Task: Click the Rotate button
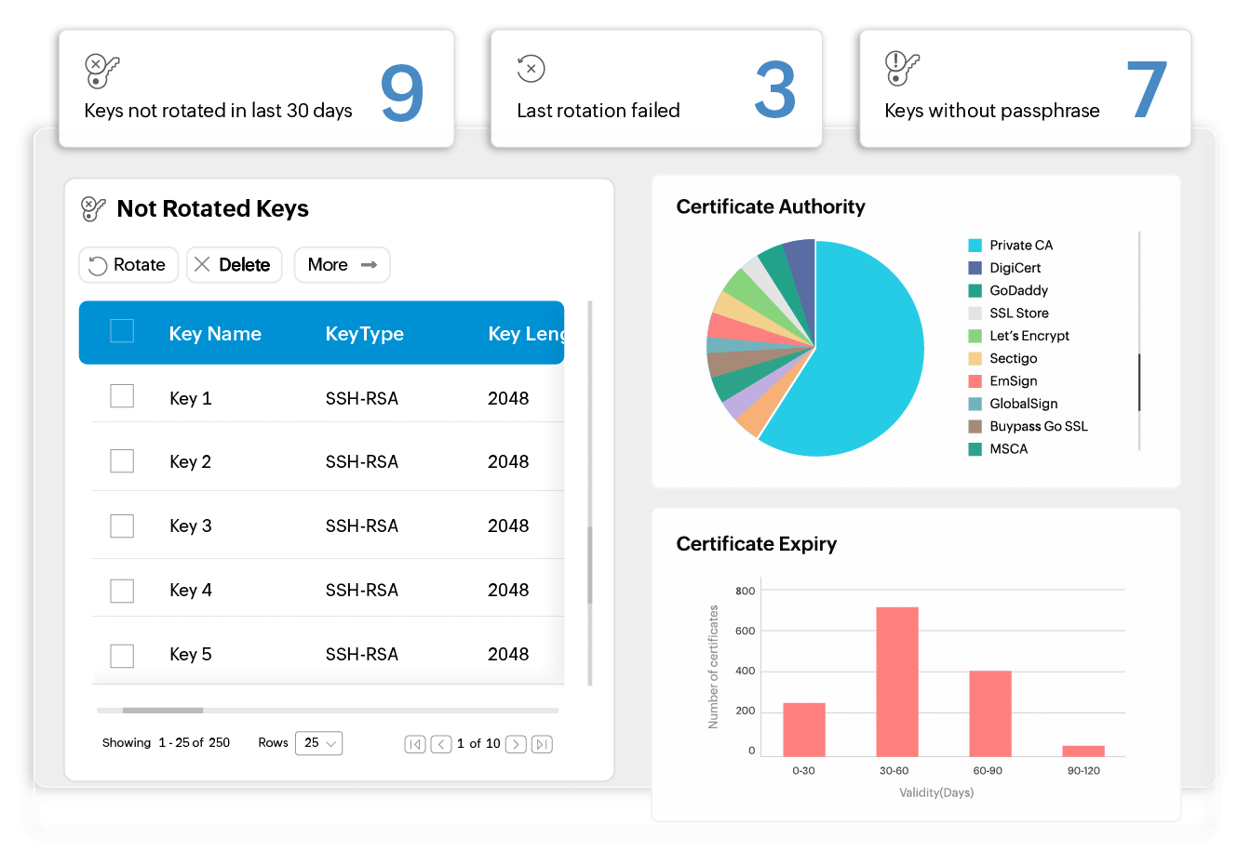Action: tap(128, 265)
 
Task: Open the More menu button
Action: tap(342, 265)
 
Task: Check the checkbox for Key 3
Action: tap(122, 526)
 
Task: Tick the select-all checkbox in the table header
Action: tap(122, 331)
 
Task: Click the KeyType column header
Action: tap(364, 334)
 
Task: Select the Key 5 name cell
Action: tap(191, 655)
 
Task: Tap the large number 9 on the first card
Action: tap(402, 93)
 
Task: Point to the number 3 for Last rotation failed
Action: tap(774, 90)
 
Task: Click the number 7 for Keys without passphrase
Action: tap(1147, 90)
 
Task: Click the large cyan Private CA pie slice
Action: tap(856, 363)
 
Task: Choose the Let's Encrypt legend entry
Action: tap(1029, 336)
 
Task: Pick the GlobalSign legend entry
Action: tap(1023, 404)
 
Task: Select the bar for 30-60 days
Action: tap(897, 681)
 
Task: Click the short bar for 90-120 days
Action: tap(1083, 751)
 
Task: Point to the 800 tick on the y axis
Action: tap(745, 591)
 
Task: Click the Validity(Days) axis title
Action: tap(936, 792)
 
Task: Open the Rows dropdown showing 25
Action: tap(318, 743)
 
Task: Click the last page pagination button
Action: tap(542, 744)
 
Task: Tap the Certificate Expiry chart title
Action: tap(756, 544)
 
